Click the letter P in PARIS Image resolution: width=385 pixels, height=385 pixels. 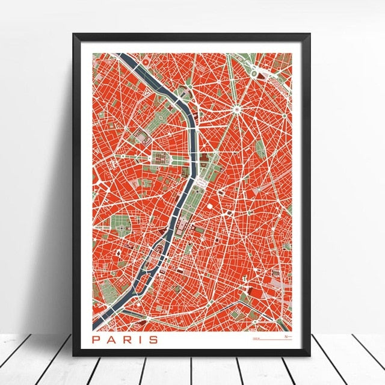tap(97, 340)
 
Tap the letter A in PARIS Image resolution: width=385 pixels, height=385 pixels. tap(112, 340)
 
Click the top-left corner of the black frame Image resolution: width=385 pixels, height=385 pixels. tap(74, 34)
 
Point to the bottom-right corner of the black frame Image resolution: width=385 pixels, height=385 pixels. tap(311, 356)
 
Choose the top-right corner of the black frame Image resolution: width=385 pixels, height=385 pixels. tap(311, 34)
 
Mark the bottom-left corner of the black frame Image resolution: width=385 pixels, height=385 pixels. tap(74, 356)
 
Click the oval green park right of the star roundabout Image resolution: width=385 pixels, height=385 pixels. tap(261, 147)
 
